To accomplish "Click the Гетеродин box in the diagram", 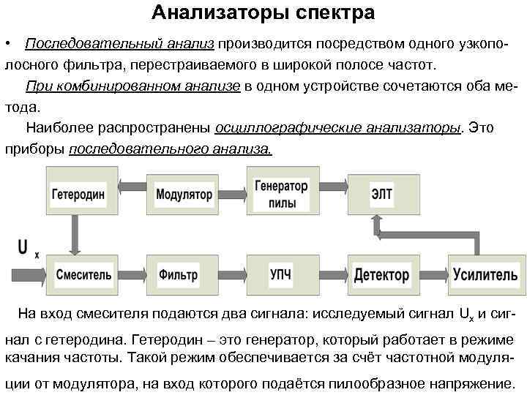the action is pyautogui.click(x=78, y=195).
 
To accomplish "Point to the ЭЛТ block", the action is pyautogui.click(x=382, y=195).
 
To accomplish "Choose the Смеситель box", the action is pyautogui.click(x=83, y=275).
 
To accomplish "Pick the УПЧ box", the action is pyautogui.click(x=281, y=275).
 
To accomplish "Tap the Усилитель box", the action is pyautogui.click(x=485, y=275).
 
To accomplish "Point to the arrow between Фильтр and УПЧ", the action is pyautogui.click(x=230, y=275).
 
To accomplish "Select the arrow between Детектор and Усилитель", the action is pyautogui.click(x=433, y=275).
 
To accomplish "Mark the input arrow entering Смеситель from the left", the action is pyautogui.click(x=26, y=275).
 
